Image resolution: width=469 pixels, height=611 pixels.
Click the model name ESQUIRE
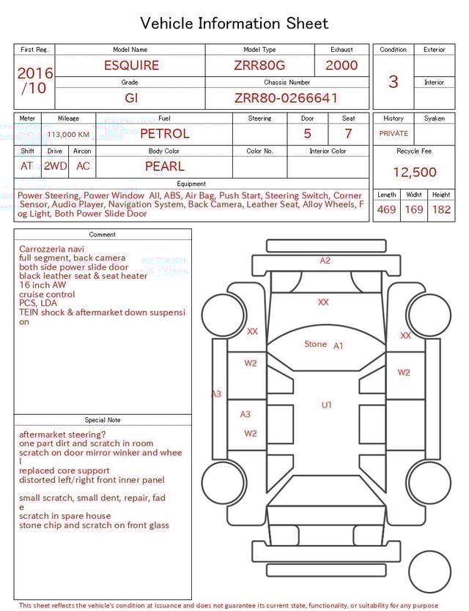click(131, 65)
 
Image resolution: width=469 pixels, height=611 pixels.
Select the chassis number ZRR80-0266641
click(287, 98)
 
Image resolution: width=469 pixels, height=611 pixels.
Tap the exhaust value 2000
click(341, 65)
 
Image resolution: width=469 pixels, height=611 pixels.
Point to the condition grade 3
click(393, 81)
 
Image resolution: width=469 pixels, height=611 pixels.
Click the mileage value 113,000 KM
click(68, 135)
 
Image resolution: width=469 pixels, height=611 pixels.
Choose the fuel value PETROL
click(164, 133)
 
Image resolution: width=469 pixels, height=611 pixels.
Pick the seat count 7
click(348, 133)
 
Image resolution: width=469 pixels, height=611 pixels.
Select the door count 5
click(307, 133)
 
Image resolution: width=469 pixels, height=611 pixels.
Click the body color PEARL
click(164, 166)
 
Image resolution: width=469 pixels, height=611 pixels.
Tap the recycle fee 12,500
click(414, 173)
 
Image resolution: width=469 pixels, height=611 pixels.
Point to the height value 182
click(441, 210)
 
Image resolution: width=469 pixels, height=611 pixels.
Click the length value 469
click(386, 210)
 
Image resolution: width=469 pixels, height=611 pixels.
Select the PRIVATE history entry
click(394, 134)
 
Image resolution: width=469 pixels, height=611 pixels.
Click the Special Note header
click(103, 420)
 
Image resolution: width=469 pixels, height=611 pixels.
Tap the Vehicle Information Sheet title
click(234, 23)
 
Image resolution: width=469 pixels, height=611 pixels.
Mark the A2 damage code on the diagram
click(325, 260)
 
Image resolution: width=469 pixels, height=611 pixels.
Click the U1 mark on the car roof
click(326, 405)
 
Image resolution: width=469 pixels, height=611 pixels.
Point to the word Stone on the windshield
click(315, 344)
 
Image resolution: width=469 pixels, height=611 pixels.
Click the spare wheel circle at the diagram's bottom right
click(429, 572)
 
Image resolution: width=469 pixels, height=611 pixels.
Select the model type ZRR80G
click(259, 65)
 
